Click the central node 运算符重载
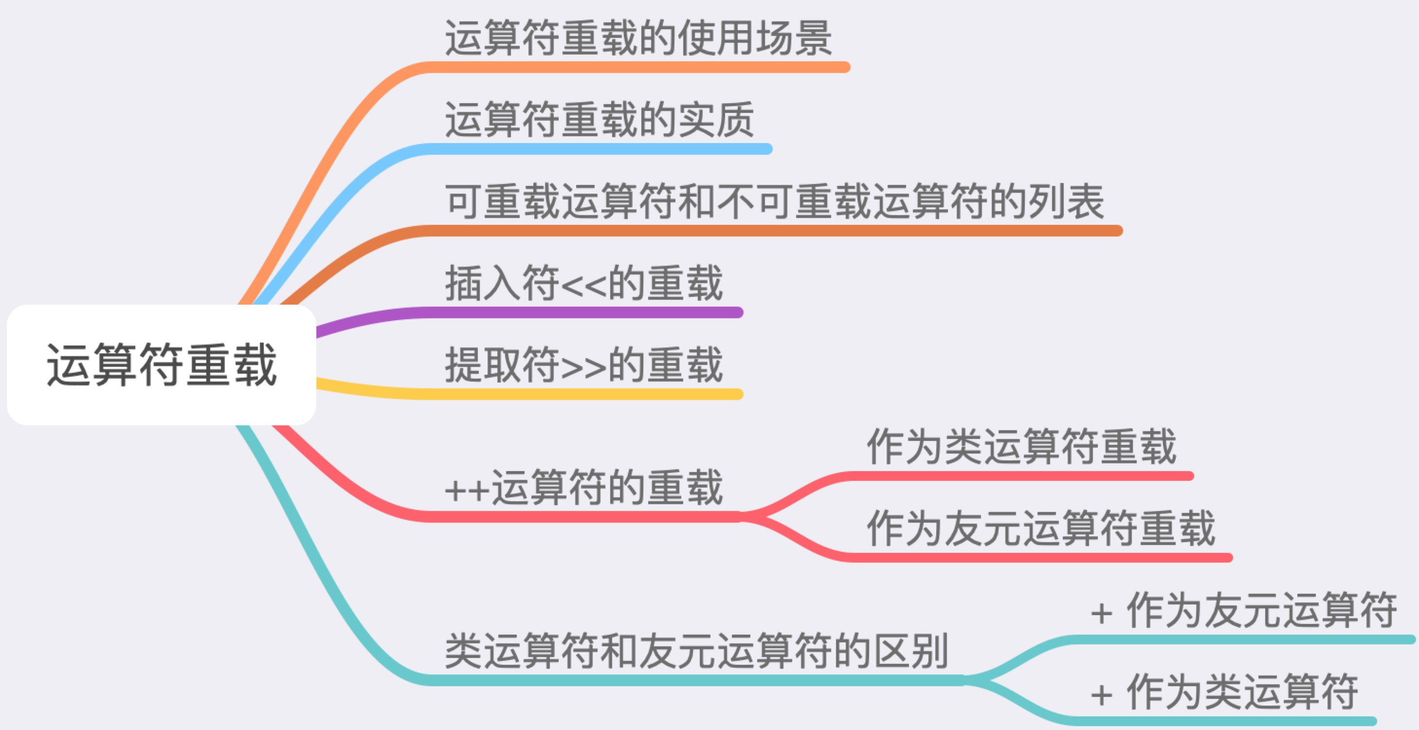coord(162,365)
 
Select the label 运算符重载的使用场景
coord(638,38)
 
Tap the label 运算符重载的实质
coord(600,120)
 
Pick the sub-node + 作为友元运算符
coord(1243,610)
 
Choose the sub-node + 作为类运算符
coord(1224,692)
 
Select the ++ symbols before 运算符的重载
coord(467,491)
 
